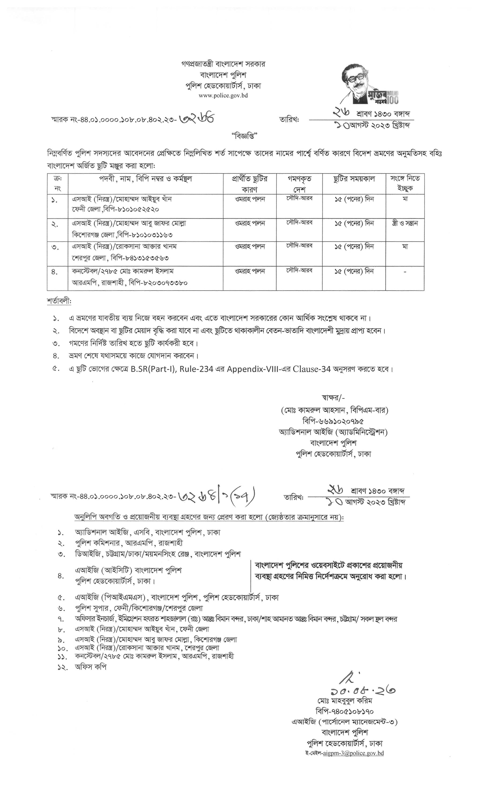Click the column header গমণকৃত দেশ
coord(299,183)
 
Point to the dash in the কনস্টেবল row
coord(405,272)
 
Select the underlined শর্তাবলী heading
coord(59,301)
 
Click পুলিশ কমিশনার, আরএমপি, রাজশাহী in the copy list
coord(129,543)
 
